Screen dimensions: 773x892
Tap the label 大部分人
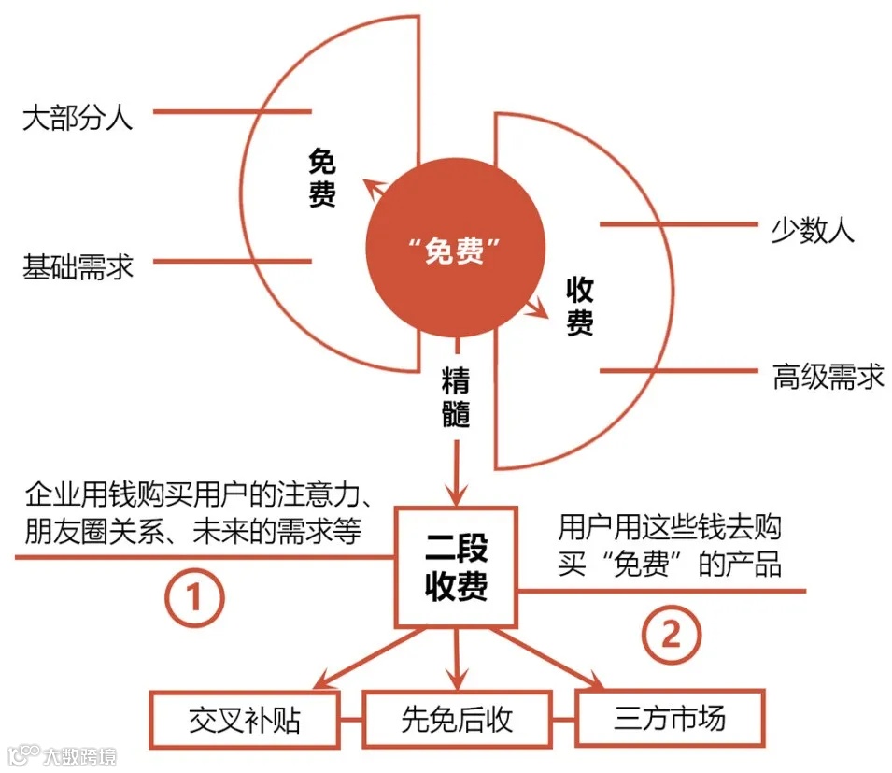coord(78,119)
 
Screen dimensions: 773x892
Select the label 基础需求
coord(78,268)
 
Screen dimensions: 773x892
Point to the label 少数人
coord(813,231)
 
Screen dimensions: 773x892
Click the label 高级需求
coord(828,378)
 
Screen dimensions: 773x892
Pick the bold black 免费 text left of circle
coord(321,180)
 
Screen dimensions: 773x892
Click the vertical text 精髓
coord(456,396)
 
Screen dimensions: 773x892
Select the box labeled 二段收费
coord(456,566)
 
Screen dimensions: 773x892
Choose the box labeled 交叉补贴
coord(247,720)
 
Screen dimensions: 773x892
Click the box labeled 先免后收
coord(457,720)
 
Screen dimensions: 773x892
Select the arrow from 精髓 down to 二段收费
coord(456,472)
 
